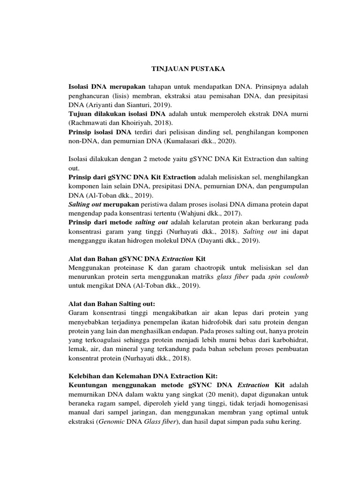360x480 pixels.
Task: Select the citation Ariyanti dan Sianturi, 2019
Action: [x=124, y=104]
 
